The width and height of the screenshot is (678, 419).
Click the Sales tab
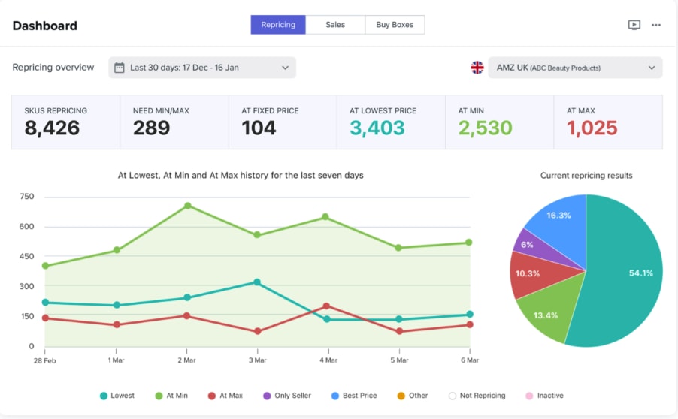(x=335, y=25)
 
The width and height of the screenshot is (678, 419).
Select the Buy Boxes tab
(x=395, y=25)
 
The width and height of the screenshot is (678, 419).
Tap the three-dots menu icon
(x=656, y=25)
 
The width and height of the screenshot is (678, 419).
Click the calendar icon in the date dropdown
(x=120, y=68)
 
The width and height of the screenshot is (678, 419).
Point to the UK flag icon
(x=477, y=68)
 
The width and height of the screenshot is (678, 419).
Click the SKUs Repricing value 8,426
(x=52, y=128)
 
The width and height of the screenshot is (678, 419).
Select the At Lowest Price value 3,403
(x=377, y=128)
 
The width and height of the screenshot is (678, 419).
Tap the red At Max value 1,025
(x=592, y=128)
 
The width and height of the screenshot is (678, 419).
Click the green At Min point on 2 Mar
(x=187, y=206)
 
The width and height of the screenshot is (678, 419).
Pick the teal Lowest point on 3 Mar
(x=257, y=282)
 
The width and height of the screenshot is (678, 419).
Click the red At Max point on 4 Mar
(x=326, y=306)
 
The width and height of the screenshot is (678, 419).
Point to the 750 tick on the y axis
(x=27, y=197)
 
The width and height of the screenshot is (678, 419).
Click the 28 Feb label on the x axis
(x=44, y=360)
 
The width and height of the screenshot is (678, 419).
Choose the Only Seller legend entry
(x=287, y=396)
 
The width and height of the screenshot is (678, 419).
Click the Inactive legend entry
(x=545, y=396)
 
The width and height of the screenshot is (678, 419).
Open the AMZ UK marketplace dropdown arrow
(x=652, y=68)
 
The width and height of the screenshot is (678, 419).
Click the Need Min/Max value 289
(x=151, y=128)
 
